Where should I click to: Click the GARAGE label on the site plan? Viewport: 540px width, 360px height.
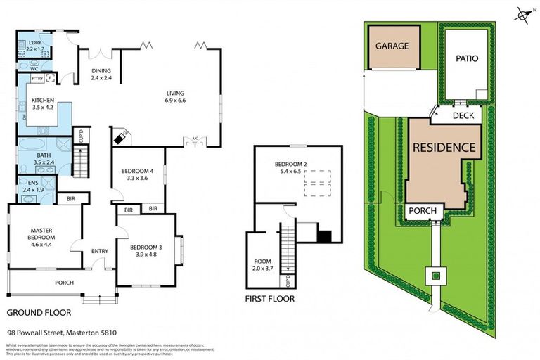point(392,46)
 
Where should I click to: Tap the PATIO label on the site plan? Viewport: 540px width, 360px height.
point(466,58)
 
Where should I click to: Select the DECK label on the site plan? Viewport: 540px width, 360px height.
point(463,115)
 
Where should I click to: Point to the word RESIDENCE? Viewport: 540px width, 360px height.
point(444,148)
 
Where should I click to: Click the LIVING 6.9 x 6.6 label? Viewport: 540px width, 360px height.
point(176,96)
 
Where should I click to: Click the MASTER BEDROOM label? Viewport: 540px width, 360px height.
point(42,234)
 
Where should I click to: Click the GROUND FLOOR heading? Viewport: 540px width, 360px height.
point(35,311)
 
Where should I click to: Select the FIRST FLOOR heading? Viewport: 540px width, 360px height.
point(269,299)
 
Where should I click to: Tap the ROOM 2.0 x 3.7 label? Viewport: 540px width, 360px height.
point(262,264)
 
